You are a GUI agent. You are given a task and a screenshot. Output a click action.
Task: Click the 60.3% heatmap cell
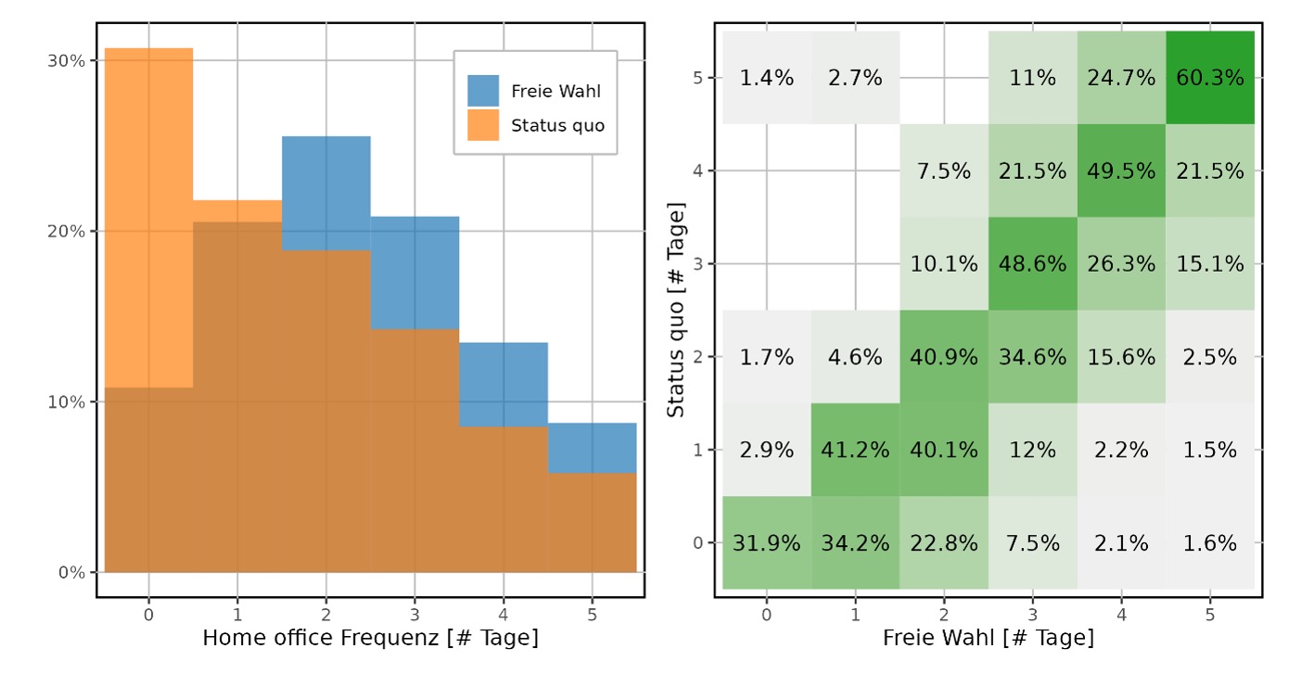click(1209, 78)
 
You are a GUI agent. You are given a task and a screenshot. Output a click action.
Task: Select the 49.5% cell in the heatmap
click(1120, 171)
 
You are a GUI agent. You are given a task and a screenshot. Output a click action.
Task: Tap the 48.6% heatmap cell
click(1032, 264)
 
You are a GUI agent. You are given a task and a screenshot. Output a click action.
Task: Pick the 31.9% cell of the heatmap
click(767, 542)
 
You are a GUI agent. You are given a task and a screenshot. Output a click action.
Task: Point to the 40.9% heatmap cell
click(944, 357)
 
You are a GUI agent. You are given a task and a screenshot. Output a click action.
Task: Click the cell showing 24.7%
click(1120, 78)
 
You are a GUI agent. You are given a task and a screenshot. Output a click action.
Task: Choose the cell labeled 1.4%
click(767, 78)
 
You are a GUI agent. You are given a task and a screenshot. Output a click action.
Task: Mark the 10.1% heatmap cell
click(944, 264)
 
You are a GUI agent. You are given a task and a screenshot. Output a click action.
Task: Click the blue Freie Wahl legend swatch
click(483, 91)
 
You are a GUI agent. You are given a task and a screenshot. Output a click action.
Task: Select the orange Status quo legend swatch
click(483, 124)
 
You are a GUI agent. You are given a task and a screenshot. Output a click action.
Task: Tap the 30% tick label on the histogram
click(66, 61)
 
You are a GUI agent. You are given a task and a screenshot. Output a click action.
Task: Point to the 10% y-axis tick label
click(66, 402)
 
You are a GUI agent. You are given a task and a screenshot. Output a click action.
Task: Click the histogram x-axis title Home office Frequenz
click(370, 638)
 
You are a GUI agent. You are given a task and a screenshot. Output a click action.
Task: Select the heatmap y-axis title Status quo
click(676, 315)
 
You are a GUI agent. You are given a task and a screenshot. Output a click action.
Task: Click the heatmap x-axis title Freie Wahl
click(988, 638)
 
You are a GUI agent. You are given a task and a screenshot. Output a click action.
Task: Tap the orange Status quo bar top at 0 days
click(148, 50)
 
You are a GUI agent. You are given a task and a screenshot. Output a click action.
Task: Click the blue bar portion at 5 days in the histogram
click(592, 448)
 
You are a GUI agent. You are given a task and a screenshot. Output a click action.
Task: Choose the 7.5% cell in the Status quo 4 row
click(944, 171)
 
